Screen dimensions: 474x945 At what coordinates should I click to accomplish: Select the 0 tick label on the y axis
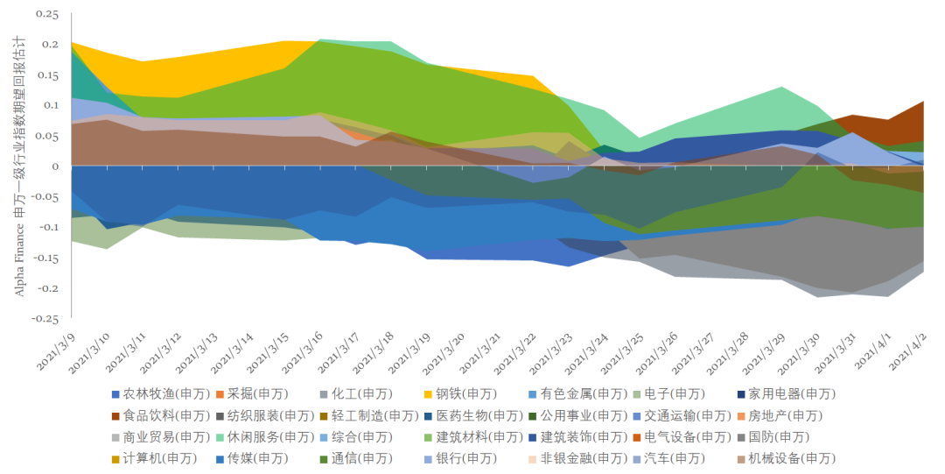[55, 166]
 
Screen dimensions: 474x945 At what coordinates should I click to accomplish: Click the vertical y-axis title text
[19, 166]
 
